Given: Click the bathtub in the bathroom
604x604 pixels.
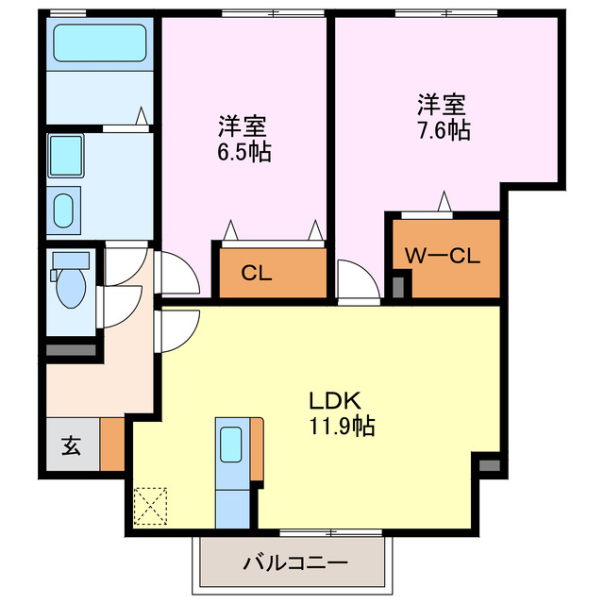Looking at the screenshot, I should (98, 43).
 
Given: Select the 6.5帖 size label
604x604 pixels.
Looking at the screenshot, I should (243, 152).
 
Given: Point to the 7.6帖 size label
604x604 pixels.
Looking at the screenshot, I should (444, 129).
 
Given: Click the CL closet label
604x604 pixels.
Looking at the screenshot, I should (256, 275).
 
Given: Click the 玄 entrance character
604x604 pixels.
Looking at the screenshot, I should (71, 445).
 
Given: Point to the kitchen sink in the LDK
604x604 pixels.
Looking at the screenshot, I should (230, 443).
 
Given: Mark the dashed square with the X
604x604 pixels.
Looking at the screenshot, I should (151, 504).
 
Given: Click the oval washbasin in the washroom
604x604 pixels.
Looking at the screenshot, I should (65, 209).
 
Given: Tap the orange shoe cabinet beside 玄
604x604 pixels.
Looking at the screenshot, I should (111, 444).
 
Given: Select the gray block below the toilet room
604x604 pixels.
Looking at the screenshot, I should (72, 351).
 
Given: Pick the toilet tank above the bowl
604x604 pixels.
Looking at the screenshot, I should (70, 260).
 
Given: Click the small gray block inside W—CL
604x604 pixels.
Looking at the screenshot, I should (399, 284).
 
